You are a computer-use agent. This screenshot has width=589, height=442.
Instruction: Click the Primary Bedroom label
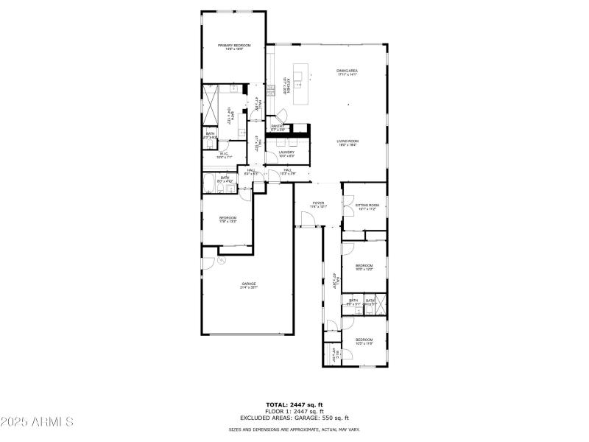(234, 47)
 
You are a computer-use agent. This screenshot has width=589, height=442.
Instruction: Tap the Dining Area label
(347, 72)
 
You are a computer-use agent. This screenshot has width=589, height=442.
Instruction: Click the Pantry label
(278, 127)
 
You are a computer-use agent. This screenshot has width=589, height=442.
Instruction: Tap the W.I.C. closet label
(225, 155)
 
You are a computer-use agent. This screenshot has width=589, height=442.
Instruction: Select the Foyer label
(318, 204)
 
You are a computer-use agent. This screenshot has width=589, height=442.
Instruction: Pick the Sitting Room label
(367, 207)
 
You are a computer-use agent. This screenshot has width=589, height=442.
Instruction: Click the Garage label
(248, 285)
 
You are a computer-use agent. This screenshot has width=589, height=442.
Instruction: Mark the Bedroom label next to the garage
(228, 220)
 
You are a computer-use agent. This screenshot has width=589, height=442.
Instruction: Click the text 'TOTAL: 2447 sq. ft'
(294, 404)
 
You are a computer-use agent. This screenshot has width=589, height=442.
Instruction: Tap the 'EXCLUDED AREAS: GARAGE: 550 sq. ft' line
(294, 418)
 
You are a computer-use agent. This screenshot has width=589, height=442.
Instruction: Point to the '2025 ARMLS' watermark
(37, 422)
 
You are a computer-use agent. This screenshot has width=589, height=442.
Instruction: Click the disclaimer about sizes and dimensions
(294, 429)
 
